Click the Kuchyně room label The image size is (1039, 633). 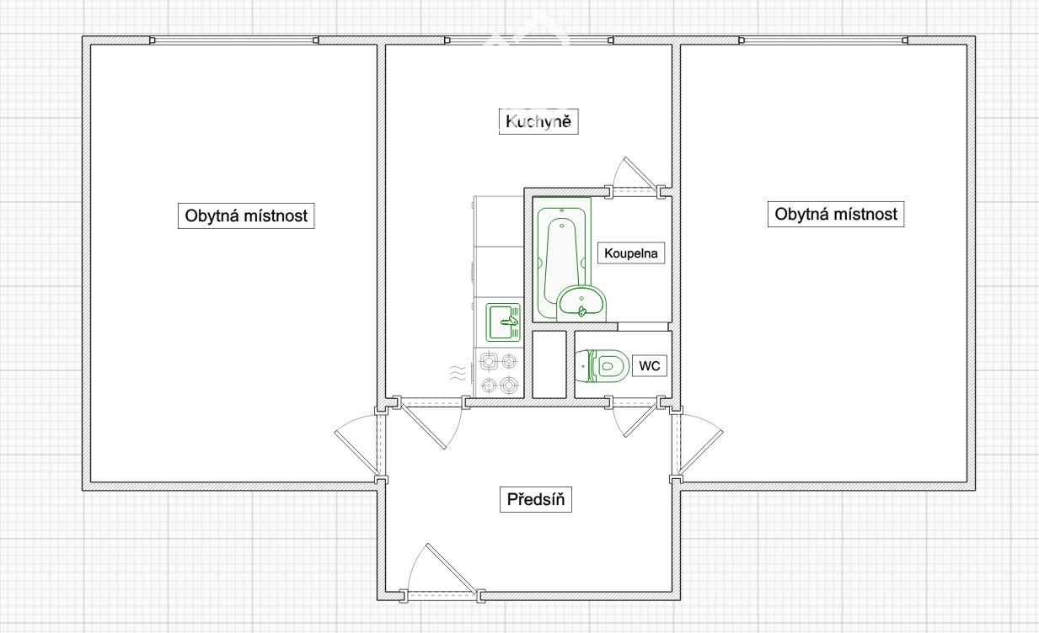[538, 121]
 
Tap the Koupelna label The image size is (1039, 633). [631, 253]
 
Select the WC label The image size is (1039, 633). [650, 365]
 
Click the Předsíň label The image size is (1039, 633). [536, 499]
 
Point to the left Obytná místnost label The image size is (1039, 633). [246, 215]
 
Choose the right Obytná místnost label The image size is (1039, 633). [836, 214]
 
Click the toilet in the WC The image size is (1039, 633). [602, 366]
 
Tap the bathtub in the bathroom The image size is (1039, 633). [562, 259]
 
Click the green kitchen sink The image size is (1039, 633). [503, 322]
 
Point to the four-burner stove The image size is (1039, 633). [499, 373]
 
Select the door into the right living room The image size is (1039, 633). [697, 444]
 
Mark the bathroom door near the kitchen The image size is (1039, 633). [636, 176]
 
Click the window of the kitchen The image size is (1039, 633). [529, 40]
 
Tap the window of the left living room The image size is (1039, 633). [233, 40]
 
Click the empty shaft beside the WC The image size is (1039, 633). [549, 364]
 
